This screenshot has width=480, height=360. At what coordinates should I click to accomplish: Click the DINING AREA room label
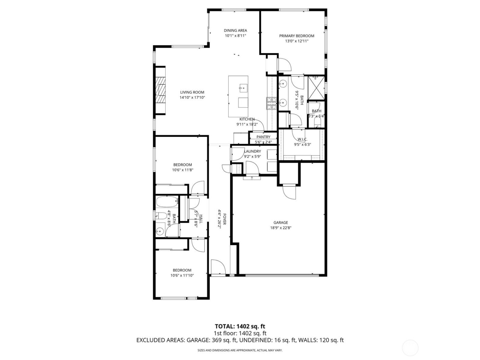(236, 31)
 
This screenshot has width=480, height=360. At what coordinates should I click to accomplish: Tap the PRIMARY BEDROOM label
(297, 36)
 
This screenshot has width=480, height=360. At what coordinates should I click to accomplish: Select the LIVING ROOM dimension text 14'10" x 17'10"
(192, 98)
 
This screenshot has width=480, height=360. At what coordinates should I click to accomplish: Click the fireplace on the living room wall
(160, 90)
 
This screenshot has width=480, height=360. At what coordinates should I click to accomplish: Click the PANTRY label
(263, 137)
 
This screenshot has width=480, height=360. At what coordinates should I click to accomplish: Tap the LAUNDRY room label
(252, 152)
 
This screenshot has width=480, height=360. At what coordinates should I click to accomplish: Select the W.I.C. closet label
(302, 139)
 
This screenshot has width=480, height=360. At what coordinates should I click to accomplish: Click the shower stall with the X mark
(316, 88)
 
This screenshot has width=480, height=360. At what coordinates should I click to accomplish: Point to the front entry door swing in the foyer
(217, 267)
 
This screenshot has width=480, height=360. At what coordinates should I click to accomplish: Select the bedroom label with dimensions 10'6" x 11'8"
(182, 165)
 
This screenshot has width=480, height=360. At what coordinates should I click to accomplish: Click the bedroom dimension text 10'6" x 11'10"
(182, 275)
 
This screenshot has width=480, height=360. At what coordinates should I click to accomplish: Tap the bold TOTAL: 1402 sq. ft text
(240, 326)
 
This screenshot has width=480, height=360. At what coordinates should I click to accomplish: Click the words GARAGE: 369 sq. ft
(210, 340)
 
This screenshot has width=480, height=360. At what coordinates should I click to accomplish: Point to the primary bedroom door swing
(284, 65)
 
